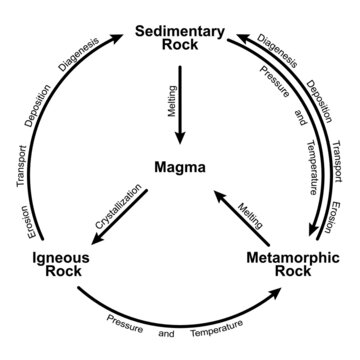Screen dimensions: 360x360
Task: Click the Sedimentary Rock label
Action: tap(180, 37)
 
